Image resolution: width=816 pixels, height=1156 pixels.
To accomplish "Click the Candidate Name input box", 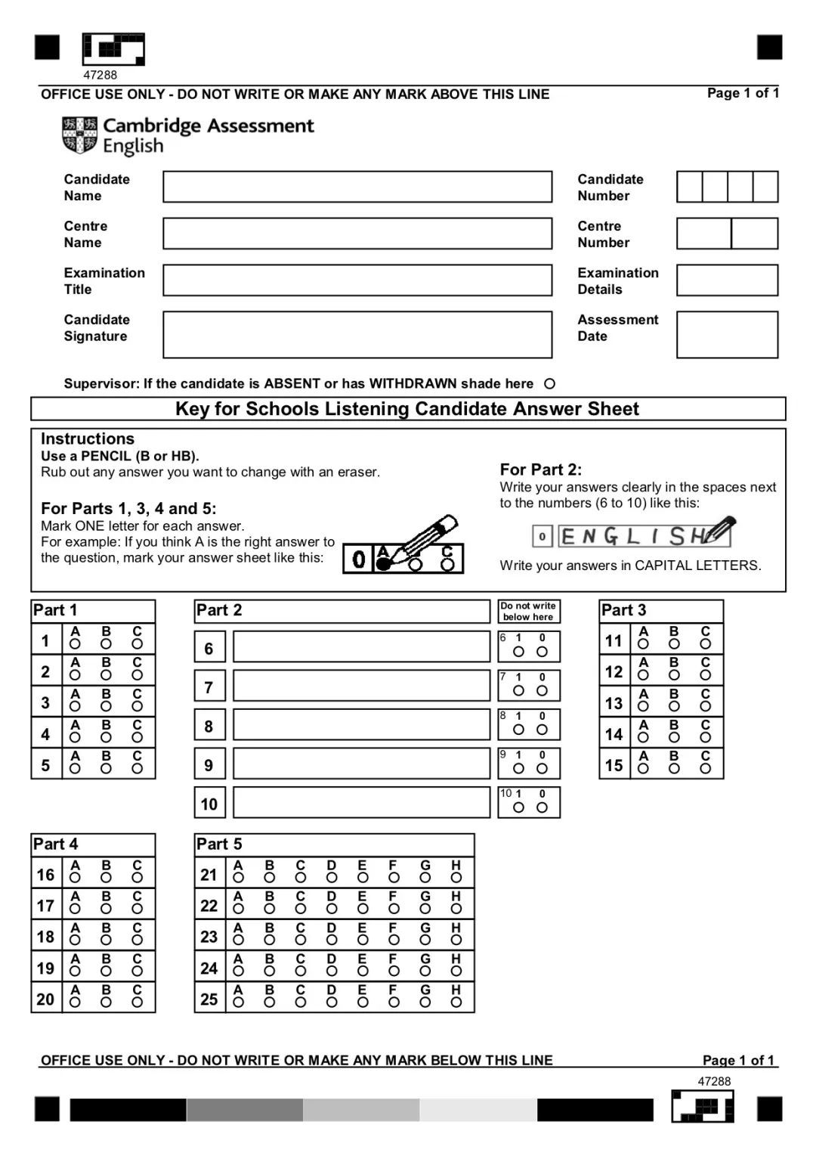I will (357, 187).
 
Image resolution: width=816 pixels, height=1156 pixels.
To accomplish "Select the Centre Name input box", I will (357, 234).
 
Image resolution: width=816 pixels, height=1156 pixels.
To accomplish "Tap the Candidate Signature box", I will (357, 334).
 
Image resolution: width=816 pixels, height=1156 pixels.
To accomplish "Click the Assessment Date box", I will (727, 334).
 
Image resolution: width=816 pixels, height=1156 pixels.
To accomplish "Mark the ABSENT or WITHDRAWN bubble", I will (550, 384).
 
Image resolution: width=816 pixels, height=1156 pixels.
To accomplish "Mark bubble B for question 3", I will (106, 707).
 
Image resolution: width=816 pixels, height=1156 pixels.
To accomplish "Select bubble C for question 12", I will (705, 675).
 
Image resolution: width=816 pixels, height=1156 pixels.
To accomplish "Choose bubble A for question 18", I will (75, 941).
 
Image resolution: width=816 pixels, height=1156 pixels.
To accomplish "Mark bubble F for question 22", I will (394, 910).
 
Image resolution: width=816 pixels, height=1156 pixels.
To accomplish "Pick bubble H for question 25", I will (456, 1003).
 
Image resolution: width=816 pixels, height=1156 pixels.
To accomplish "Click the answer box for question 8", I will (361, 725).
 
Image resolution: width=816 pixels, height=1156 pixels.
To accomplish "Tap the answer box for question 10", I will (361, 803).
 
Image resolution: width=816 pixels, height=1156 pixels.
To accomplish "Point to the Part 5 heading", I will (219, 844).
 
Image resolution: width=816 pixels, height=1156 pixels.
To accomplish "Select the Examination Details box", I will (727, 280).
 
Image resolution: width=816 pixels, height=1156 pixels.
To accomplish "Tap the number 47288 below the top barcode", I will (100, 75).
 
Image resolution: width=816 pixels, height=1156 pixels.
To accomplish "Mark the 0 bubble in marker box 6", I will (542, 652).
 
